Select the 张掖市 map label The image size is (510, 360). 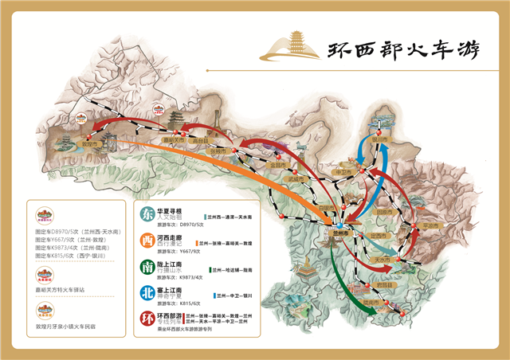pyautogui.click(x=218, y=150)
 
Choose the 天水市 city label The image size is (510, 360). pyautogui.click(x=383, y=259)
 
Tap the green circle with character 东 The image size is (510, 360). pyautogui.click(x=147, y=214)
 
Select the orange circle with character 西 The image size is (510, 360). pyautogui.click(x=147, y=241)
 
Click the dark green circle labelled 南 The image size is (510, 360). pyautogui.click(x=147, y=267)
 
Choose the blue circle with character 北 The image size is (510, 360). pyautogui.click(x=147, y=293)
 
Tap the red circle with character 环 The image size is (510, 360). pyautogui.click(x=147, y=320)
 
